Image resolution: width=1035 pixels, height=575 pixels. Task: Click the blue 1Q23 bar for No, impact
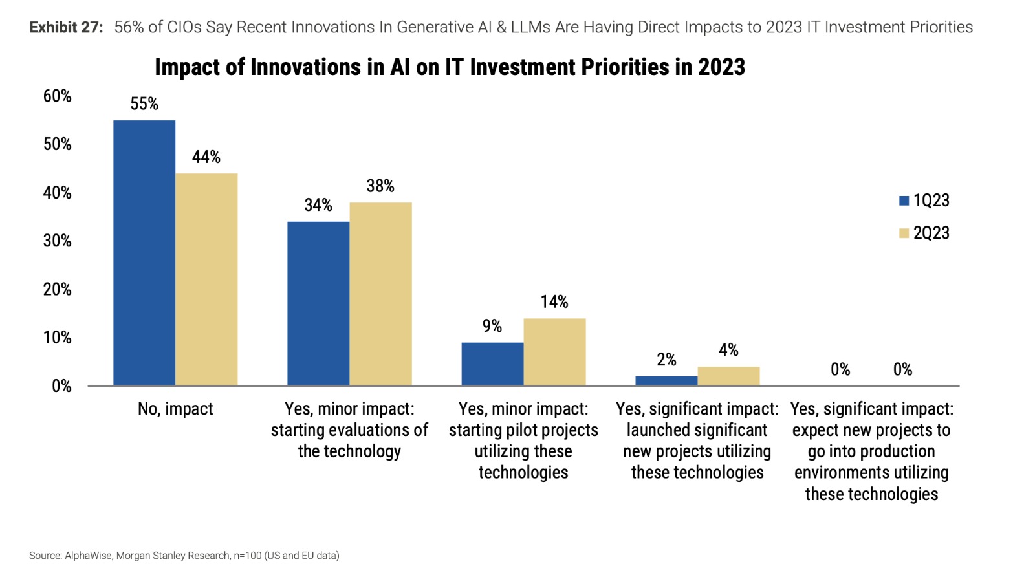[x=144, y=253]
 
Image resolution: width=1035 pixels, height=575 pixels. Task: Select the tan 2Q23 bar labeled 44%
[x=206, y=279]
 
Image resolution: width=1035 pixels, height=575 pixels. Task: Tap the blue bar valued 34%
[x=318, y=303]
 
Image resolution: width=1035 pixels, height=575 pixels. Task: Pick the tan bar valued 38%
[x=380, y=294]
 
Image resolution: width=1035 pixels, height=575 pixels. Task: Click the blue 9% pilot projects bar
[x=492, y=364]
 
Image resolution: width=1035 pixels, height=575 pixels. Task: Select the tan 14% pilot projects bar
[x=554, y=352]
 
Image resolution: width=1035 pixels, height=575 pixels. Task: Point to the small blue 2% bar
[x=666, y=381]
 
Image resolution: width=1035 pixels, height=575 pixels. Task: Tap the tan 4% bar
[x=728, y=376]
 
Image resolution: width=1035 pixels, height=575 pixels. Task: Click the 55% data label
[x=144, y=103]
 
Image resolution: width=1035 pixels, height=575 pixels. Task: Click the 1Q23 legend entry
[x=925, y=201]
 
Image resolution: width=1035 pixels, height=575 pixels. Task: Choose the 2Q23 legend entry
[x=925, y=233]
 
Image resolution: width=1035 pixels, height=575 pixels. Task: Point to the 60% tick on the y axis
[x=58, y=96]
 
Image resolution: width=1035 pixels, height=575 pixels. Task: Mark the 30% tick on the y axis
[x=58, y=241]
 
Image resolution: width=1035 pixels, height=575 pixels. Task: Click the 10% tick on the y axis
[x=58, y=337]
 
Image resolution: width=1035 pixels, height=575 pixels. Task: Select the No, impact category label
[x=175, y=409]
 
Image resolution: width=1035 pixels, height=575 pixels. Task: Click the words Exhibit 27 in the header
[x=66, y=27]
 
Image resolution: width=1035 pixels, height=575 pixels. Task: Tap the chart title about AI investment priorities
[x=450, y=67]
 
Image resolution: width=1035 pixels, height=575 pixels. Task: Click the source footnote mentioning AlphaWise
[x=184, y=555]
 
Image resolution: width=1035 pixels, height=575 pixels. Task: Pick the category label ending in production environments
[x=871, y=451]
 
